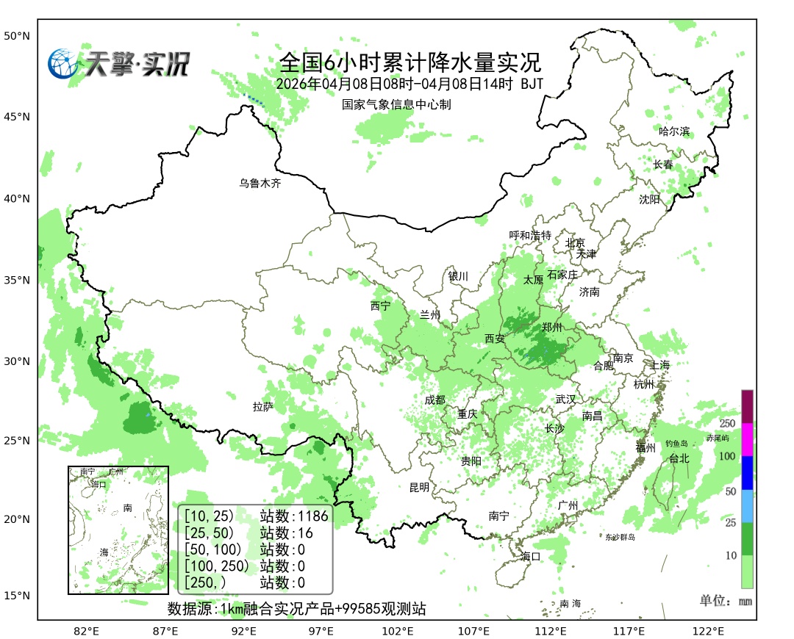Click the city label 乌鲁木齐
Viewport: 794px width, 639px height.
[260, 184]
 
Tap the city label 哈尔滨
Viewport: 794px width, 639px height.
[674, 131]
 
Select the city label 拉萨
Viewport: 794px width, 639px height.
[263, 406]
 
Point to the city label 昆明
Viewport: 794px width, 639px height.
[419, 487]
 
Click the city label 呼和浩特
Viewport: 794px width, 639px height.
[530, 235]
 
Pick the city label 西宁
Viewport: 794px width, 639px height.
[380, 306]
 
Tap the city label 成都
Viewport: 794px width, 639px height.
[434, 400]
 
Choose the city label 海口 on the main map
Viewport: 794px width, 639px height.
[530, 556]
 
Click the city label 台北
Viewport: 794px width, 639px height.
[679, 458]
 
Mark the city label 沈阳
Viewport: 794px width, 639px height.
[649, 199]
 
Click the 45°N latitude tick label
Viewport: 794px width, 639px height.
[17, 117]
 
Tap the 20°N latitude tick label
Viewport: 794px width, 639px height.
[17, 519]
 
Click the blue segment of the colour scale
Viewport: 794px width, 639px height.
[747, 472]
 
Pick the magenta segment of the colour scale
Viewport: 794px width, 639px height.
[747, 439]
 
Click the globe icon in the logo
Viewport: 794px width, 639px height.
[63, 63]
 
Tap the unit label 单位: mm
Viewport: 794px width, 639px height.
[726, 601]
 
